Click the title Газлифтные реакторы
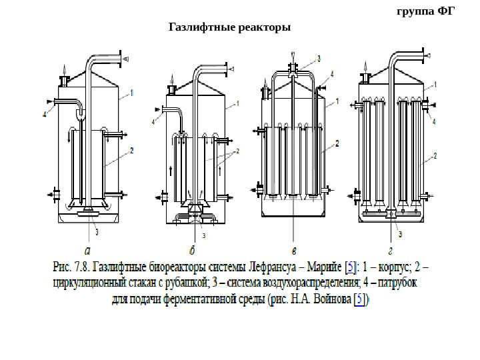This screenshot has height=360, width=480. pyautogui.click(x=230, y=28)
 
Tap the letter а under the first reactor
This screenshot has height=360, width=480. pyautogui.click(x=87, y=251)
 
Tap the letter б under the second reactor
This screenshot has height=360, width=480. pyautogui.click(x=192, y=251)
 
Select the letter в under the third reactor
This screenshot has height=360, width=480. pyautogui.click(x=294, y=251)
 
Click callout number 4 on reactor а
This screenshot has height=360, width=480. pyautogui.click(x=44, y=115)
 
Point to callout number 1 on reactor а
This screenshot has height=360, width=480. pyautogui.click(x=132, y=91)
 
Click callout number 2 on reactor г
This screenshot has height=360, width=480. pyautogui.click(x=435, y=155)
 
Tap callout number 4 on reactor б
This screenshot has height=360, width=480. pyautogui.click(x=154, y=123)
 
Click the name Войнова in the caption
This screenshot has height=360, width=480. pyautogui.click(x=326, y=299)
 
